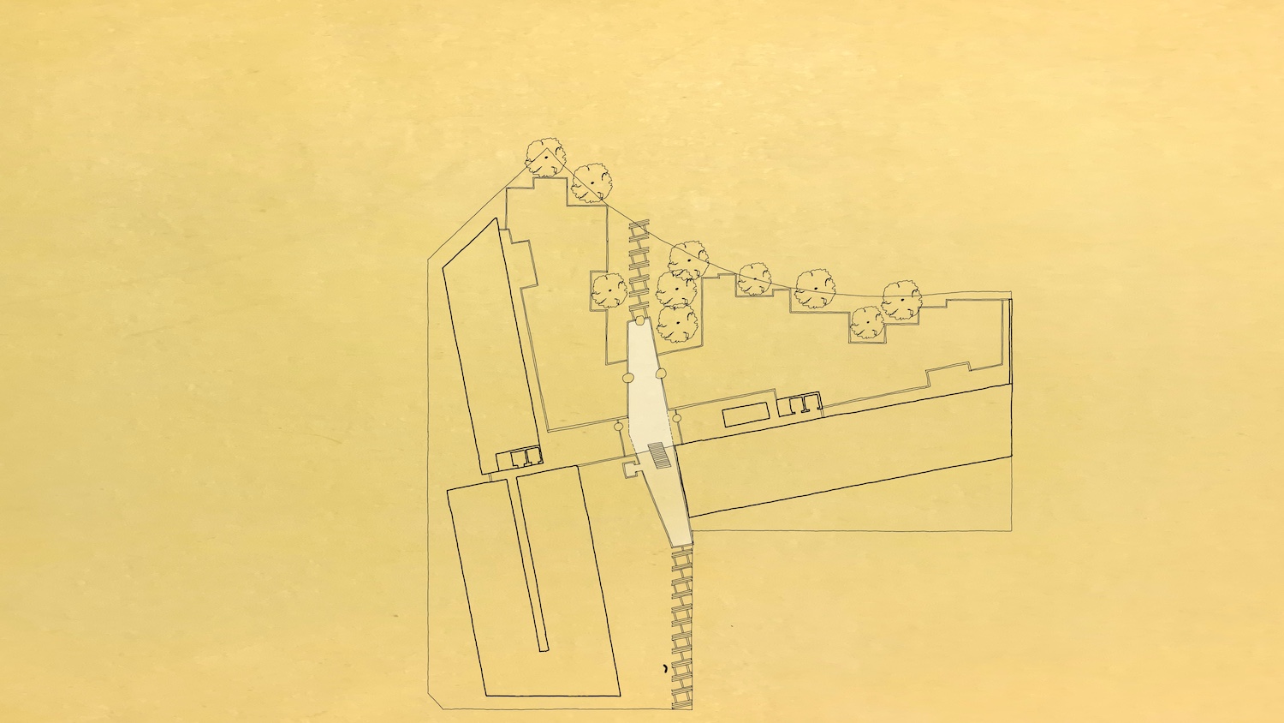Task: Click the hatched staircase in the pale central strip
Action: [x=658, y=455]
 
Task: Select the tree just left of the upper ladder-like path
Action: [x=609, y=291]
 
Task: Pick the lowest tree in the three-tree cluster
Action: [x=678, y=323]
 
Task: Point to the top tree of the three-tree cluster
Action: [x=687, y=257]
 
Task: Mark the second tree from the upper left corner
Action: [x=592, y=182]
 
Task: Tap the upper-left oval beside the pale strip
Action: [x=627, y=377]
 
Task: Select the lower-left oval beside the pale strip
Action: [x=618, y=425]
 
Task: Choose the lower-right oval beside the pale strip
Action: [x=676, y=417]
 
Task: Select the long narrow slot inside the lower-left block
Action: [x=531, y=565]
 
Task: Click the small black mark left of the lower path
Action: [x=665, y=667]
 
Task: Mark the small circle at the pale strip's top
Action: [x=639, y=320]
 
